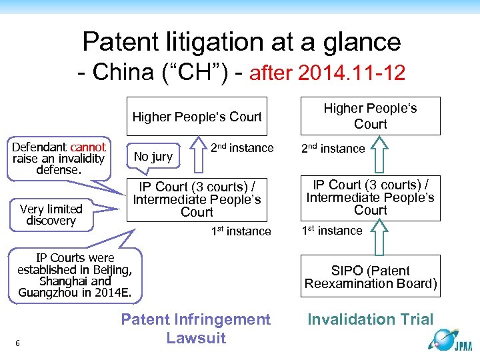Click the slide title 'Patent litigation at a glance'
241,42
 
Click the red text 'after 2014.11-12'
327,73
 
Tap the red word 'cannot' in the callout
88,147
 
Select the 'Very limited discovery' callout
51,215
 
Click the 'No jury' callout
153,157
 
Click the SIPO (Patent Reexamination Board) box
371,277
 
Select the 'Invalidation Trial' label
370,319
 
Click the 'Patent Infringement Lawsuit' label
196,328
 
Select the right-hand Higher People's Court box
371,115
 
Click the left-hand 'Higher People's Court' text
197,117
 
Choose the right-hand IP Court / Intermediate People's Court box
371,197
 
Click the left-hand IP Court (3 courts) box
197,199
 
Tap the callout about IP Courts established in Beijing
75,275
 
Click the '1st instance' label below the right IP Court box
332,231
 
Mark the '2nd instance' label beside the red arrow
242,148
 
